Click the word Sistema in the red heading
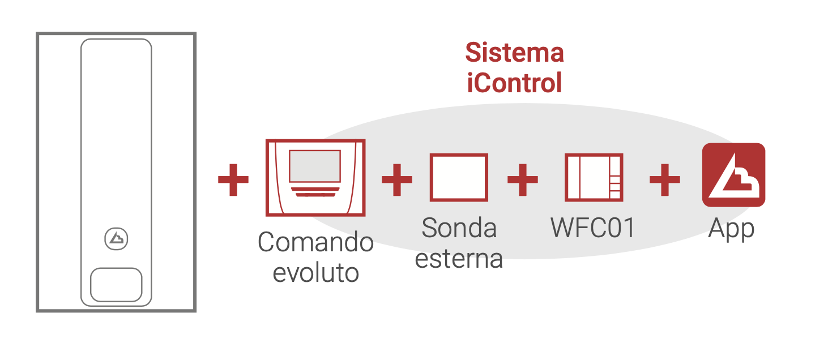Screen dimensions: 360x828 click(x=514, y=53)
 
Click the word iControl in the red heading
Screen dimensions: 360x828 click(x=514, y=83)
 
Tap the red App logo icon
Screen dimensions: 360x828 click(x=733, y=175)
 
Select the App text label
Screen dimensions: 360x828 click(x=731, y=230)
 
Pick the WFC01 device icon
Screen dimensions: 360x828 click(x=594, y=177)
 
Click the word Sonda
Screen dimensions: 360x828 click(x=459, y=228)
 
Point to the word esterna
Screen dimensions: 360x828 click(x=459, y=259)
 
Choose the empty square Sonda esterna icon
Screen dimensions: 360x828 click(x=459, y=177)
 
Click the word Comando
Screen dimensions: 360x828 click(x=315, y=242)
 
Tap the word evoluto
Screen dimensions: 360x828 click(x=315, y=273)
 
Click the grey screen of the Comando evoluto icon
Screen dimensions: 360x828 click(x=315, y=165)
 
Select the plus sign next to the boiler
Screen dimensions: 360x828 click(x=233, y=181)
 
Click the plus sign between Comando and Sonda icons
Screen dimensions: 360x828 click(x=396, y=181)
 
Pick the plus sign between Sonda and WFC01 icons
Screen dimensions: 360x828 click(x=522, y=181)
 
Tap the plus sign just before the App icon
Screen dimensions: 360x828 click(x=664, y=181)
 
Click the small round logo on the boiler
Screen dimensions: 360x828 click(x=116, y=239)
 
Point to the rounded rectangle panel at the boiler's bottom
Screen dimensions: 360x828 click(x=116, y=285)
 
